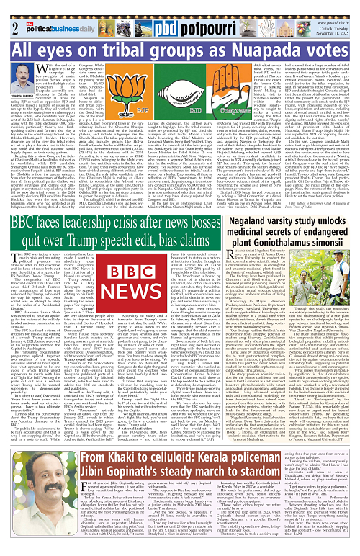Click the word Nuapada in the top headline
pos(297,50)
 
